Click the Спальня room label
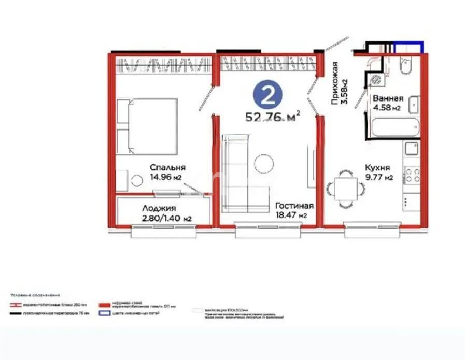point(167,168)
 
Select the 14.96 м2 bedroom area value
point(166,177)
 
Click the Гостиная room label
point(294,205)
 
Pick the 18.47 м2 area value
point(294,215)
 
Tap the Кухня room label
point(377,168)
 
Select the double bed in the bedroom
point(147,126)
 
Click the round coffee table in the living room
point(264,164)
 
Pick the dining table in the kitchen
point(344,186)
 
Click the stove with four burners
point(413,174)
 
